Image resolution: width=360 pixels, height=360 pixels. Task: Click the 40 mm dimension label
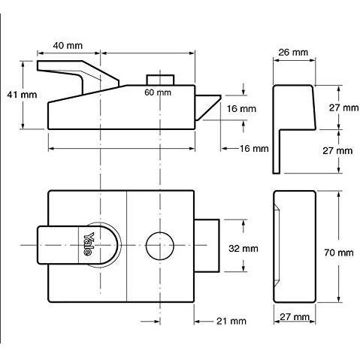pos(68,46)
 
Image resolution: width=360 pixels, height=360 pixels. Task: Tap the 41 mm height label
pos(22,95)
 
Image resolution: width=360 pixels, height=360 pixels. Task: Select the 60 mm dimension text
pos(158,92)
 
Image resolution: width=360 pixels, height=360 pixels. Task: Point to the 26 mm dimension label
pos(293,53)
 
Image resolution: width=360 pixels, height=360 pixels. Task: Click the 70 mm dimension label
pos(339,253)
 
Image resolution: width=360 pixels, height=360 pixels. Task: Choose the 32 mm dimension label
pos(244,249)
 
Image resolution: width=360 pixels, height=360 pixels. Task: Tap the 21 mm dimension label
pos(231,321)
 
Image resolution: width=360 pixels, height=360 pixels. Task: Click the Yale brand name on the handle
pos(89,244)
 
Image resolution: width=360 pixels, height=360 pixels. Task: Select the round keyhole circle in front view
pos(160,246)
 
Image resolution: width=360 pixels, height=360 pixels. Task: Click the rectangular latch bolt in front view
pos(207,246)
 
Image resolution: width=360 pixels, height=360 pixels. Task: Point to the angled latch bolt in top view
pos(207,107)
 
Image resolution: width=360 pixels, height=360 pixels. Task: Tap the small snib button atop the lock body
pos(160,80)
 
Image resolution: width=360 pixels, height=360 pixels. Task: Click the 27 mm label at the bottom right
pos(295,317)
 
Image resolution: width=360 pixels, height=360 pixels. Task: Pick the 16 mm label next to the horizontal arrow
pos(254,149)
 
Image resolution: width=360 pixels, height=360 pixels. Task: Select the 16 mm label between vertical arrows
pos(241,109)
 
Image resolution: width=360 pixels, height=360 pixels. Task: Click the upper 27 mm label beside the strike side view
pos(343,107)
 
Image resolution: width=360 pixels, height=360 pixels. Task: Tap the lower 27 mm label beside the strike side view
pos(337,151)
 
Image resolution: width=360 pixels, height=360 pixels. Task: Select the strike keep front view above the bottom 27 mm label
pos(295,247)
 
